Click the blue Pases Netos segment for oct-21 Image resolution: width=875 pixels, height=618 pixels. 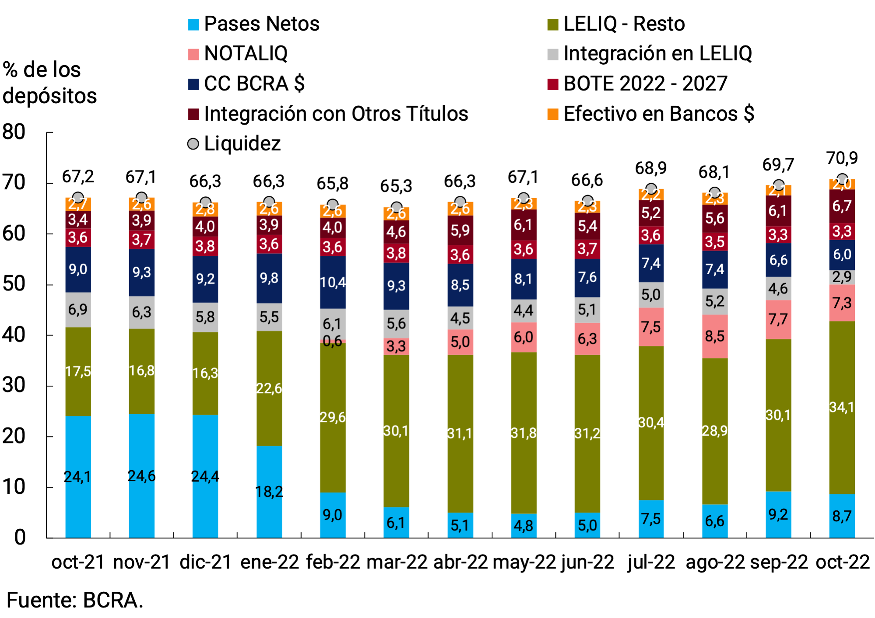coord(78,477)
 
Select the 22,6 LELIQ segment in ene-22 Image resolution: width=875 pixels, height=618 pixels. coord(269,388)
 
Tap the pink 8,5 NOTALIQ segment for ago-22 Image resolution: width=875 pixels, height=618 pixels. coord(714,336)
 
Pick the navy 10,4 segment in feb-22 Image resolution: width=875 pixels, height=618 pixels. coord(332,283)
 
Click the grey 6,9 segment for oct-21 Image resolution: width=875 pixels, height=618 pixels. coord(78,310)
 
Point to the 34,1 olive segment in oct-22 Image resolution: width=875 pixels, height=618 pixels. coord(841,407)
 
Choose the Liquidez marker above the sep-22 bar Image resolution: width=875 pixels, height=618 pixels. coord(778,185)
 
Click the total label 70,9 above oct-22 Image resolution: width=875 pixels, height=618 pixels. coord(841,158)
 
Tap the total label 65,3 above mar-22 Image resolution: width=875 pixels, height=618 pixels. coord(396,186)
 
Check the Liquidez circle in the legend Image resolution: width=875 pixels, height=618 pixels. coord(193,144)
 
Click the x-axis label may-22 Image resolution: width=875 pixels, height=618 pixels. coord(524,562)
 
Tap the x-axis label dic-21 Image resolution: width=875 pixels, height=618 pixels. coord(205,562)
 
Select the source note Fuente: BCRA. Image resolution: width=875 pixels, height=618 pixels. coord(74,600)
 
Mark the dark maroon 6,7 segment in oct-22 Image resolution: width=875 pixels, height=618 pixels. coord(841,206)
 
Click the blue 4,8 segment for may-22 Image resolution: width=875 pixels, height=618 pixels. coord(524,525)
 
